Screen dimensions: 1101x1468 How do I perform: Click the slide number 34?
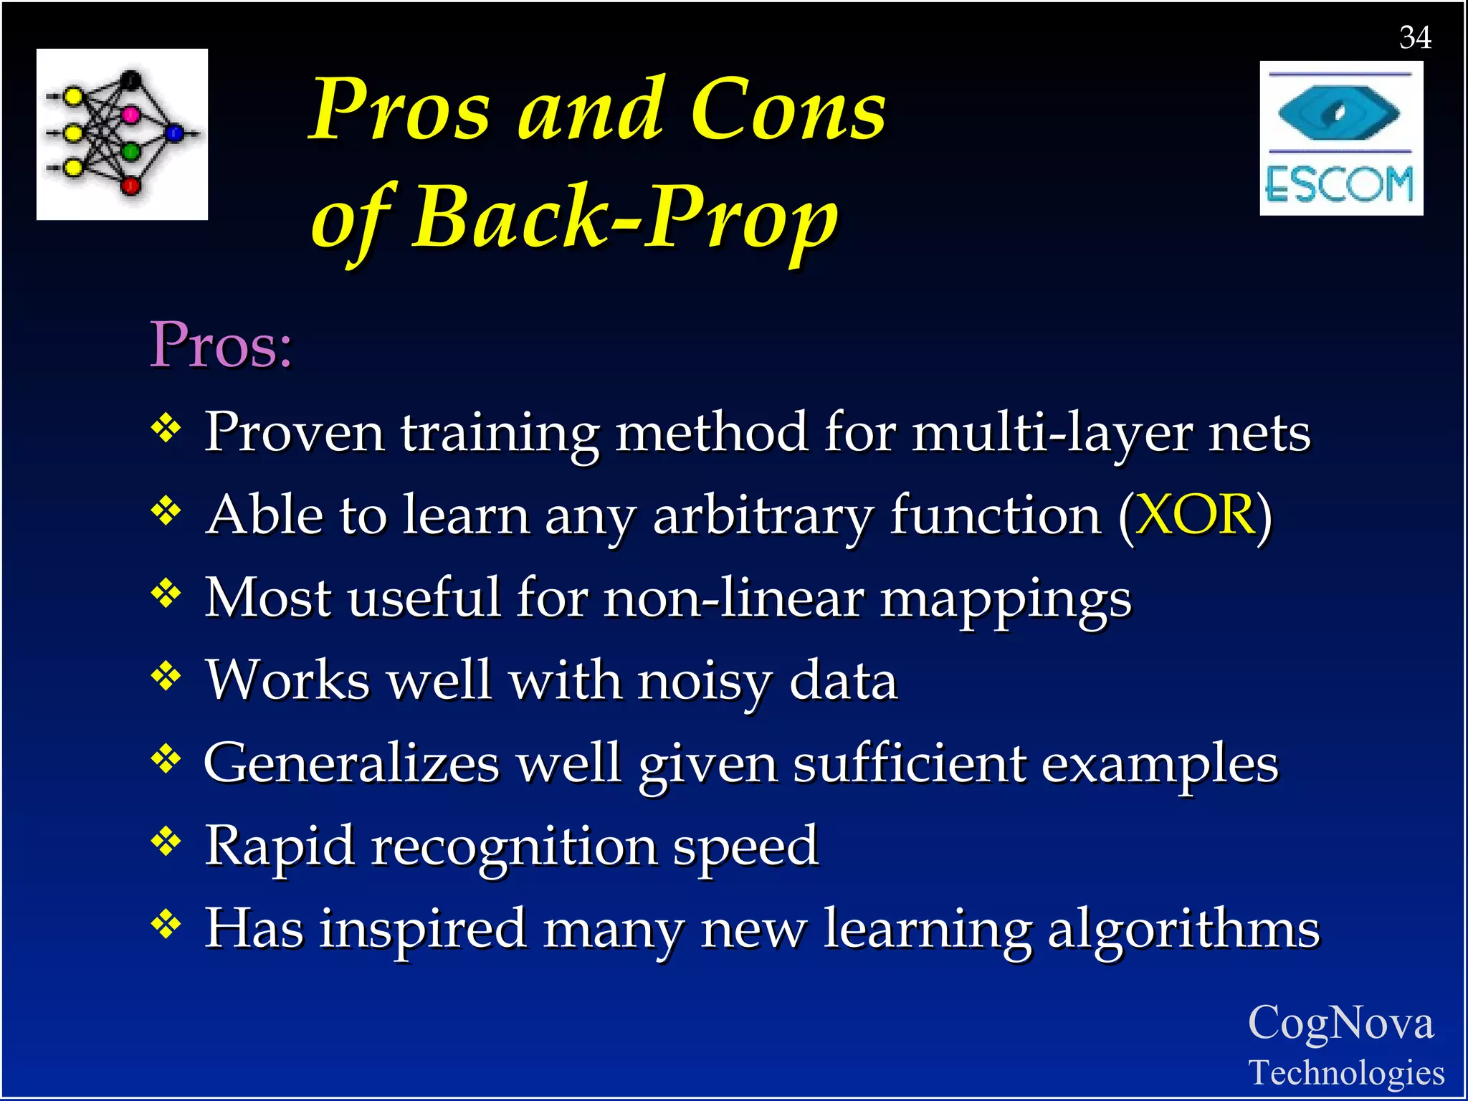tap(1415, 37)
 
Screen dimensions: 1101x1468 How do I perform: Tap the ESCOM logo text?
tap(1339, 184)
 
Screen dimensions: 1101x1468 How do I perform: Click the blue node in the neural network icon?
tap(174, 133)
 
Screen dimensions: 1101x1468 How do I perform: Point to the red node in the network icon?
tap(130, 186)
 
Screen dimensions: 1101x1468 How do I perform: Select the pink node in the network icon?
tap(130, 114)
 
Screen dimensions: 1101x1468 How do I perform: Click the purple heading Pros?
tap(221, 345)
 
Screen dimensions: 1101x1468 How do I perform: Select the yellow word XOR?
tap(1195, 515)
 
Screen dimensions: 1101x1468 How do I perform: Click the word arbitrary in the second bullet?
tap(763, 515)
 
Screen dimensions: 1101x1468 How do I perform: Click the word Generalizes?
tap(351, 763)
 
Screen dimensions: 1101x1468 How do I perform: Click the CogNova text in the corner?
tap(1340, 1024)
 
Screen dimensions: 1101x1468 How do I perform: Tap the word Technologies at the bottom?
tap(1346, 1073)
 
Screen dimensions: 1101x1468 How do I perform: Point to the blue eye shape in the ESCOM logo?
tap(1339, 113)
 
